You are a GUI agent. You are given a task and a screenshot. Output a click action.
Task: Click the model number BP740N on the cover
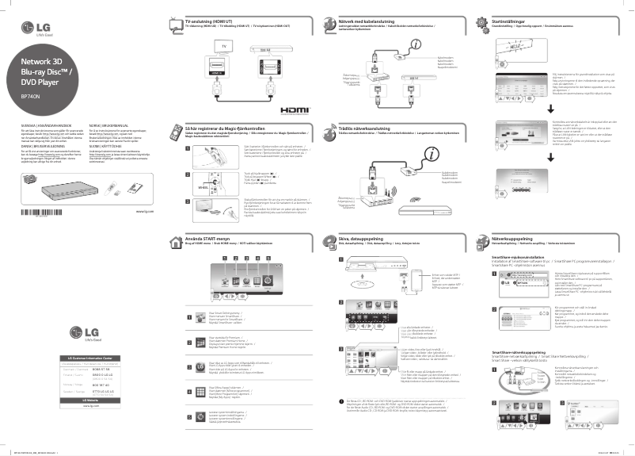point(31,98)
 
